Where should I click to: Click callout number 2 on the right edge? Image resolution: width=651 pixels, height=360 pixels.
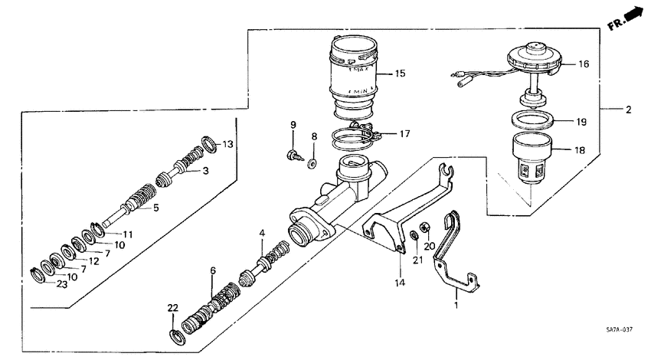[x=629, y=110]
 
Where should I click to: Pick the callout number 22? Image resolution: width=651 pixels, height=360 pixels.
[x=173, y=308]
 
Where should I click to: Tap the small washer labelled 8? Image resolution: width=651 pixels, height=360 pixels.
[x=312, y=162]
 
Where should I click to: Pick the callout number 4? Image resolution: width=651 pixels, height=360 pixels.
[x=262, y=233]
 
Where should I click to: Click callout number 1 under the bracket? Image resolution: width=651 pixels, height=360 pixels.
[x=457, y=304]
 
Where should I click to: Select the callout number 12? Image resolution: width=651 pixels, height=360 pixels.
[x=93, y=260]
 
